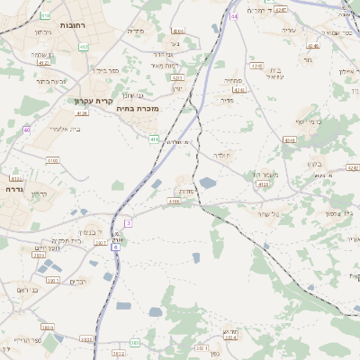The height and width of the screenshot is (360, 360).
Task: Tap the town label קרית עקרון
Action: coord(94,101)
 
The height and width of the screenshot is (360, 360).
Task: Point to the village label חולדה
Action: coord(221,156)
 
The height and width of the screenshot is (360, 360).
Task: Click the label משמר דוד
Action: coord(267,174)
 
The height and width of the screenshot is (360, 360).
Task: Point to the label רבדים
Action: coord(77,281)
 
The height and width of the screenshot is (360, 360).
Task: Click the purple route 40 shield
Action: coord(27,130)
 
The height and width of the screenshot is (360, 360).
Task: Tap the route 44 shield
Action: coord(234,16)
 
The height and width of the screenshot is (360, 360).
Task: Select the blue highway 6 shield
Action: coord(115,246)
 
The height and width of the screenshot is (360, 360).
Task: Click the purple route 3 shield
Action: coord(128,222)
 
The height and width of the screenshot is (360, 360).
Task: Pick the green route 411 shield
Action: coord(154,139)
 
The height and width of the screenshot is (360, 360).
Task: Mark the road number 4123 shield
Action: coord(264,184)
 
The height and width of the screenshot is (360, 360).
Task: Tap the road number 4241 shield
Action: coord(289,140)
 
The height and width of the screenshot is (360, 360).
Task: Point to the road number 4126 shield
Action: coord(82,113)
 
